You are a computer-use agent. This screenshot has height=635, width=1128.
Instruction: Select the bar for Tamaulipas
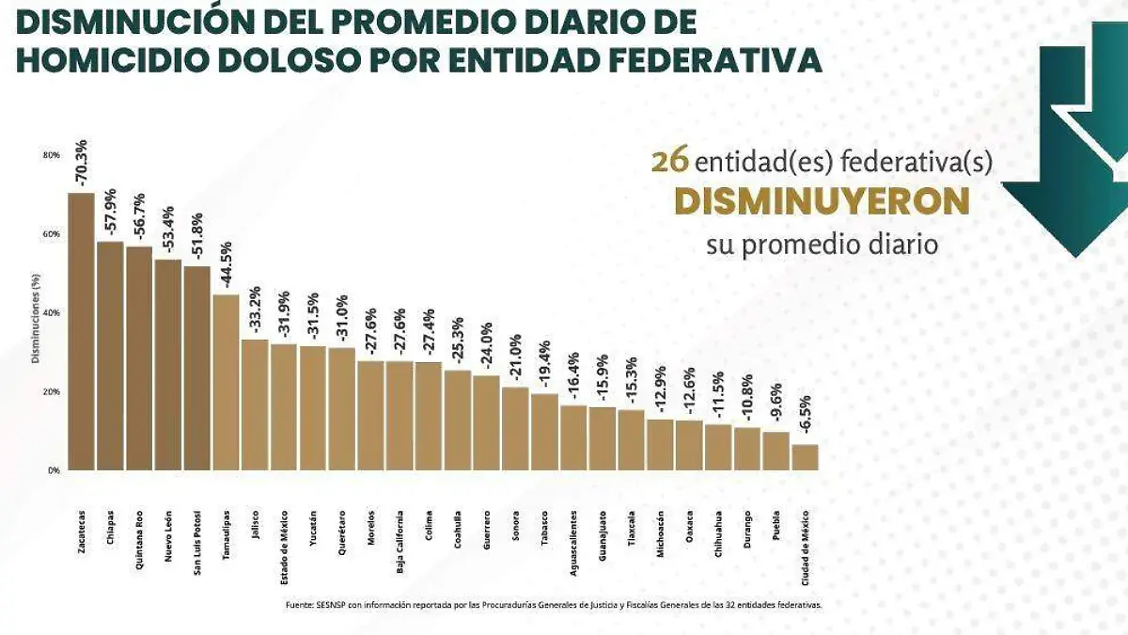pos(226,382)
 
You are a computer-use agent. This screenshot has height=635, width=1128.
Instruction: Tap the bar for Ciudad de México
pos(805,457)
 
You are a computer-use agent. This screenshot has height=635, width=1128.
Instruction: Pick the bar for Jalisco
pos(255,405)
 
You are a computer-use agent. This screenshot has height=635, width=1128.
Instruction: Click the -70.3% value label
pos(82,163)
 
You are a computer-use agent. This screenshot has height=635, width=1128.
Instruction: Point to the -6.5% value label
pos(806,415)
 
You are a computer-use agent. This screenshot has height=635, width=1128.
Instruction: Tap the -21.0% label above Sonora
pos(515,358)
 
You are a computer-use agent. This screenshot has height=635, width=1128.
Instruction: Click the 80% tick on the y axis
pos(52,155)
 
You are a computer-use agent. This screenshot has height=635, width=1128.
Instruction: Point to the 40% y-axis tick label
pos(52,312)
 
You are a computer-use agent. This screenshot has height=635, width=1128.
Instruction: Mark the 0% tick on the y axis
pos(55,470)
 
